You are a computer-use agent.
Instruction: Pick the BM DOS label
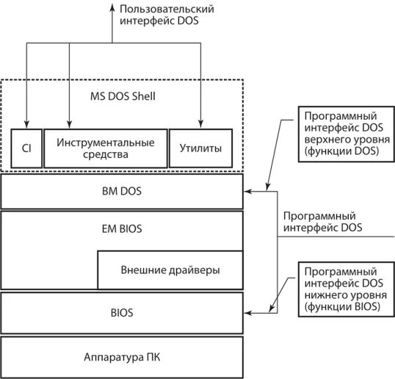122,192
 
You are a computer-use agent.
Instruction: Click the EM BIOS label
122,229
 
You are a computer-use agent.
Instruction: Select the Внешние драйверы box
170,270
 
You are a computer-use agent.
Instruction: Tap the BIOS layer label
122,312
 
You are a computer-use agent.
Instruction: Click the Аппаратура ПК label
122,356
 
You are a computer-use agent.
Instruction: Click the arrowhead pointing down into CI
26,124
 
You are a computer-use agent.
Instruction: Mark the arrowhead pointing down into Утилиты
200,124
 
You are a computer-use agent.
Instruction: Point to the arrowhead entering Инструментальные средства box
68,124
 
